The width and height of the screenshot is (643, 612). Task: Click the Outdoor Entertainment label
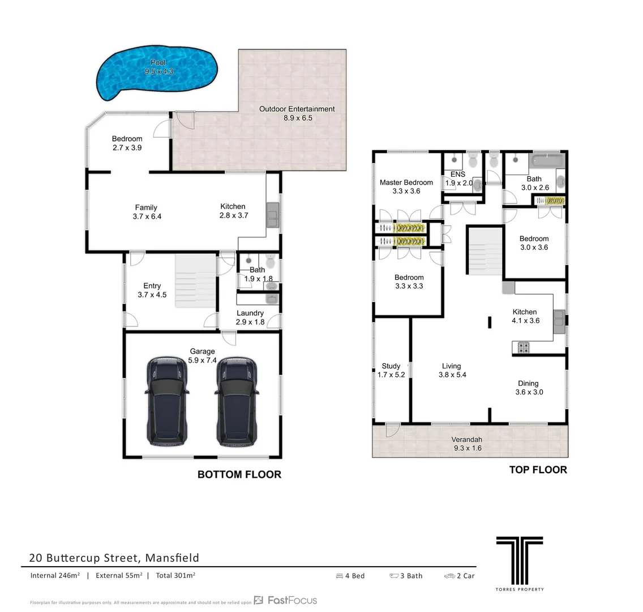point(297,113)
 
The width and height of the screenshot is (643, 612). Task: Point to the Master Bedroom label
point(406,186)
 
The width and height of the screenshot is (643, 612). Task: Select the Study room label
point(391,370)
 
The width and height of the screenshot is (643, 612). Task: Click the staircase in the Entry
point(195,281)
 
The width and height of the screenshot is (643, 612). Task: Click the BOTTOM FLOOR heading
point(239,475)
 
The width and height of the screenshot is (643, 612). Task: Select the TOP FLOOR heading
point(538,470)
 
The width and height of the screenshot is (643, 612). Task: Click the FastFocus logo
point(286,600)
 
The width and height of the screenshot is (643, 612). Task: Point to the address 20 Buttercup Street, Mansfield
point(114,558)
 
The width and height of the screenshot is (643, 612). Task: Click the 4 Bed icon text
point(350,576)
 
